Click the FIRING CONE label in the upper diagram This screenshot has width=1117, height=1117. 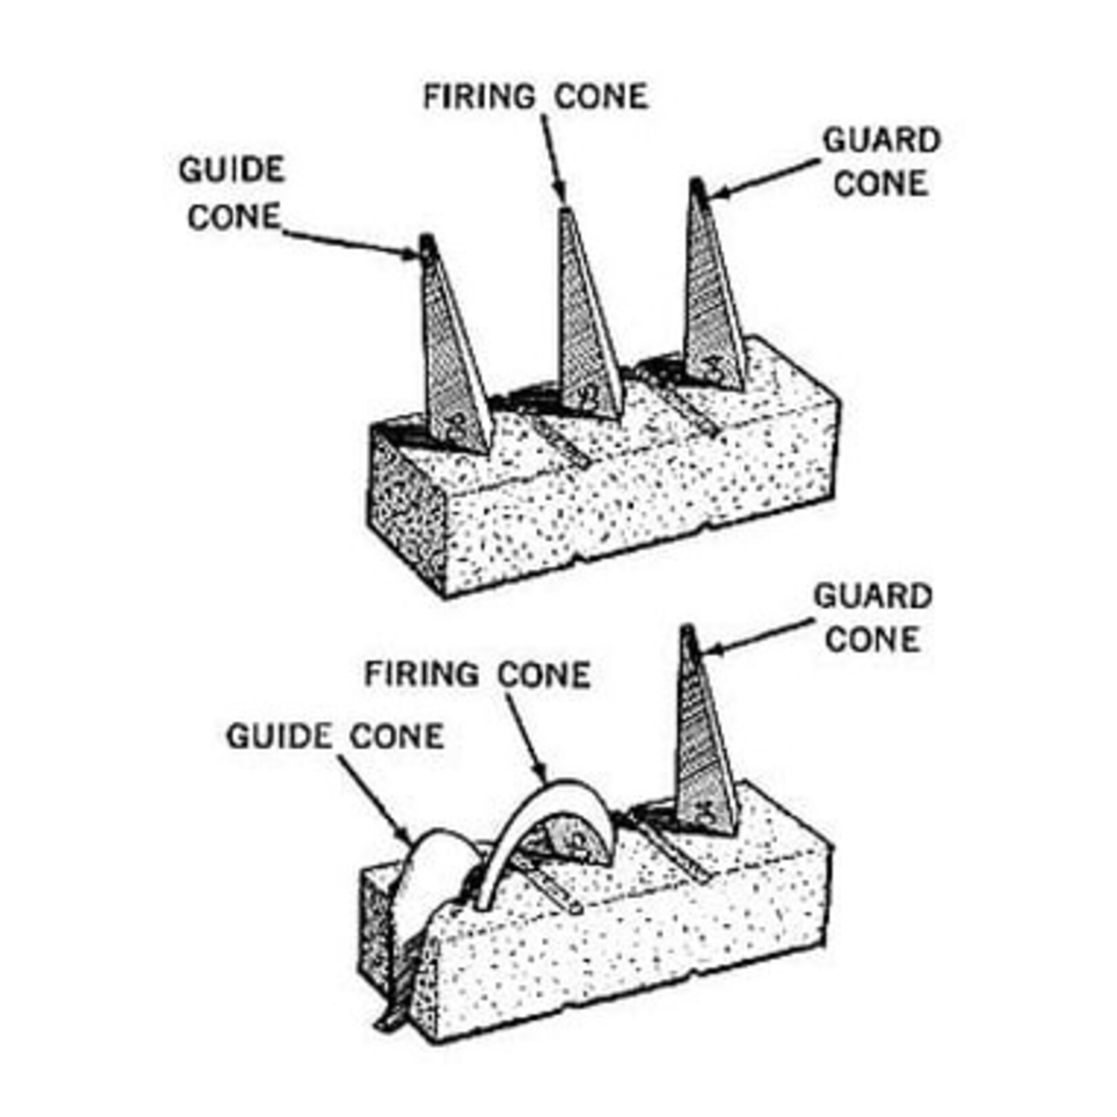point(535,96)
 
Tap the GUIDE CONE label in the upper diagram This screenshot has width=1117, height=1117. point(232,193)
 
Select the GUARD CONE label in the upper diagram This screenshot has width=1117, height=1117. point(881,162)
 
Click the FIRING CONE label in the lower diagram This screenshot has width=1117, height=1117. point(477,675)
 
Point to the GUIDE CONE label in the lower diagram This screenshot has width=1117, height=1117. point(335,736)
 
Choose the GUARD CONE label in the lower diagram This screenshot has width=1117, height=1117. point(872,618)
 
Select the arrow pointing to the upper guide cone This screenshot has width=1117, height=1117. point(352,243)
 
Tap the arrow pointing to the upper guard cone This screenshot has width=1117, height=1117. point(764,179)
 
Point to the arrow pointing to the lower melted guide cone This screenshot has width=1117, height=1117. point(372,798)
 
